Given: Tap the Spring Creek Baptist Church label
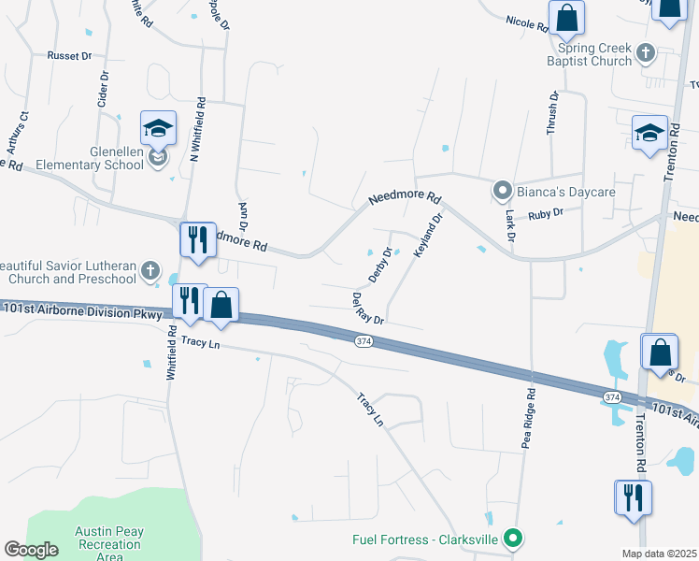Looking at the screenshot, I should coord(594,54).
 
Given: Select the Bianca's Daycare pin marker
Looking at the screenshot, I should coord(502,192).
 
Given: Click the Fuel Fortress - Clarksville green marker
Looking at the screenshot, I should coord(511,539).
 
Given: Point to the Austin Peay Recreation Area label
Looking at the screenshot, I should coord(109,543).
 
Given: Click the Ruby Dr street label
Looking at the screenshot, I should coord(546,213).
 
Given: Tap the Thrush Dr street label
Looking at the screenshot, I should coord(553,114).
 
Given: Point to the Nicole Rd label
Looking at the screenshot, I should coord(527,22).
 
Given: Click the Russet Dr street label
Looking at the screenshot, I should coord(70,56).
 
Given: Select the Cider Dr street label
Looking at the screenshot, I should coord(103,92).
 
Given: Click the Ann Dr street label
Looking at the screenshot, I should coord(243,217).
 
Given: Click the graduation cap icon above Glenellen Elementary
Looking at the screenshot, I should coord(158,128).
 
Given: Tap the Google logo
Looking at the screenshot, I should coord(31,550).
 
